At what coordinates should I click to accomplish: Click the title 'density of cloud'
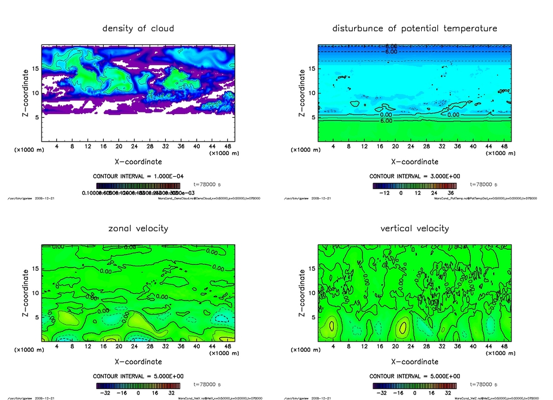tap(138, 28)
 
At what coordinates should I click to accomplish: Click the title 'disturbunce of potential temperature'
tap(414, 28)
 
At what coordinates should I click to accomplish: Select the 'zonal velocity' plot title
tap(138, 228)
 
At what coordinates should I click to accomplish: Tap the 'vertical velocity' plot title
tap(414, 228)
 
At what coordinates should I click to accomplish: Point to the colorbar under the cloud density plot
tap(138, 185)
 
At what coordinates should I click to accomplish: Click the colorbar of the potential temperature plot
tap(414, 185)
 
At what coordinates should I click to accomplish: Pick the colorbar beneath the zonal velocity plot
tap(138, 386)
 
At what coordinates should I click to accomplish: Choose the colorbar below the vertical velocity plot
tap(414, 386)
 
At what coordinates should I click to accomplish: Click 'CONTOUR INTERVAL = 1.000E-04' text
tap(139, 176)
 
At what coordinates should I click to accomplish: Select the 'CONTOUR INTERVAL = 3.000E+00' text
tap(415, 176)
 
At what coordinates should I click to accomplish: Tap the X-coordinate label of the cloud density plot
tap(138, 161)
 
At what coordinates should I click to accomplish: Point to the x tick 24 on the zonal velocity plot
tap(134, 346)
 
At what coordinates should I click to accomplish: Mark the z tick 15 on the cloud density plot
tap(34, 68)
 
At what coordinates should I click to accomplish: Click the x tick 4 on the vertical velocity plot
tap(333, 346)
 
